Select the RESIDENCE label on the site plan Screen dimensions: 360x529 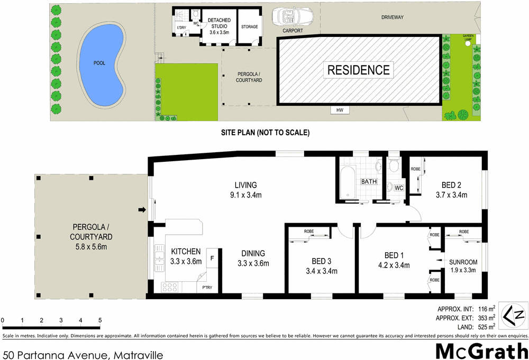(358, 70)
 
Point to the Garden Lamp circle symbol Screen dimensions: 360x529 (467, 44)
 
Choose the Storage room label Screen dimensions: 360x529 (249, 27)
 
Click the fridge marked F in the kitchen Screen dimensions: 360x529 (213, 258)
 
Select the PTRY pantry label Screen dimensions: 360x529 (206, 288)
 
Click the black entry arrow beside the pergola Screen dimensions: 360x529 (142, 210)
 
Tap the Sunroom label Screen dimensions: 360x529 (463, 262)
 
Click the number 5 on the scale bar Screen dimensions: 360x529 (100, 320)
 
